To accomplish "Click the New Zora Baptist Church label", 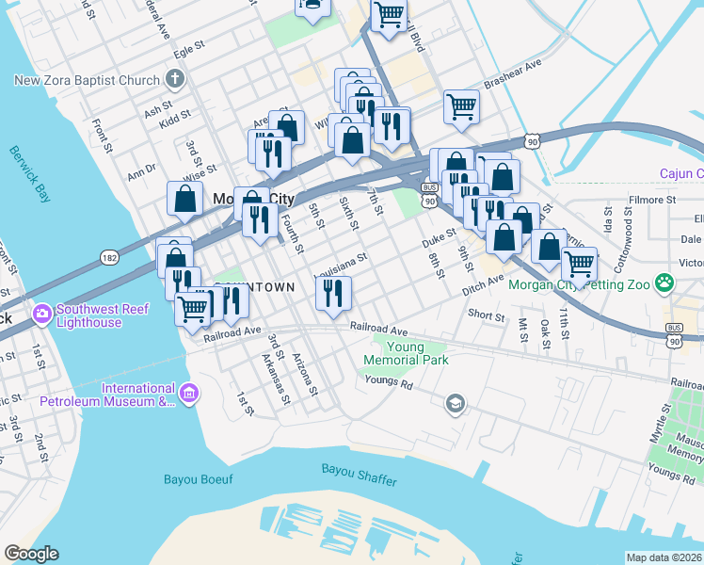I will click(x=88, y=81).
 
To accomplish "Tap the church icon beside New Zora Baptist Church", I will click(x=174, y=79).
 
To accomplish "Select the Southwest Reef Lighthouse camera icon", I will click(x=41, y=313).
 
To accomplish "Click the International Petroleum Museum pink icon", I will click(x=188, y=393).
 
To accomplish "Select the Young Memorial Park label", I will click(x=405, y=353).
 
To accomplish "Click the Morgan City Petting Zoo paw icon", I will click(x=664, y=282).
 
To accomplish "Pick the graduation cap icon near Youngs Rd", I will click(x=456, y=404).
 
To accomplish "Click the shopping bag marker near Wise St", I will click(x=185, y=198).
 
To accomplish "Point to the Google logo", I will click(x=31, y=554).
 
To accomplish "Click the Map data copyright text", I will click(x=664, y=557).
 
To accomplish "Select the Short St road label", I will click(x=486, y=315).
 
